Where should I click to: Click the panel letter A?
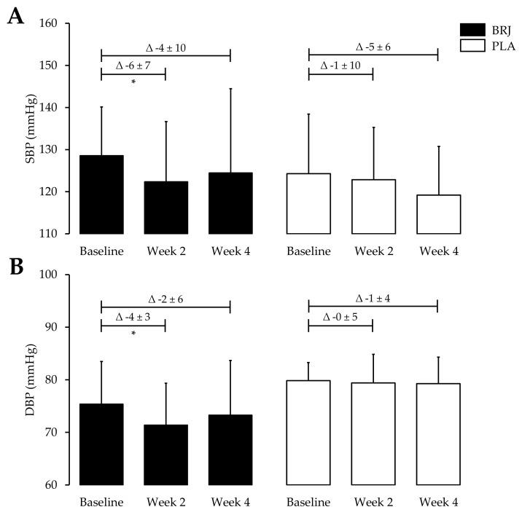pyautogui.click(x=15, y=17)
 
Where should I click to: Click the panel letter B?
pyautogui.click(x=15, y=267)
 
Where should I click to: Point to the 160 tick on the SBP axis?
pyautogui.click(x=66, y=23)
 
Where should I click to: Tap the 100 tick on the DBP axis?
pyautogui.click(x=66, y=275)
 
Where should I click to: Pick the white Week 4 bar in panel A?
pyautogui.click(x=438, y=214)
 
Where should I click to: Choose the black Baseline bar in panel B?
pyautogui.click(x=101, y=444)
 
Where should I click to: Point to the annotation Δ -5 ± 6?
pyautogui.click(x=373, y=47)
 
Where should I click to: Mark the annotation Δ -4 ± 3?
pyautogui.click(x=133, y=318)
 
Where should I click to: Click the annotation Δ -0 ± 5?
pyautogui.click(x=341, y=318)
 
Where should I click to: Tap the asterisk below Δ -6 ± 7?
pyautogui.click(x=133, y=82)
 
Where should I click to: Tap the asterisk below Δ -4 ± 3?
pyautogui.click(x=133, y=334)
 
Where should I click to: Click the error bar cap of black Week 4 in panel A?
pyautogui.click(x=231, y=89)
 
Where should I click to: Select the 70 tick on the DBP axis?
pyautogui.click(x=66, y=433)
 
